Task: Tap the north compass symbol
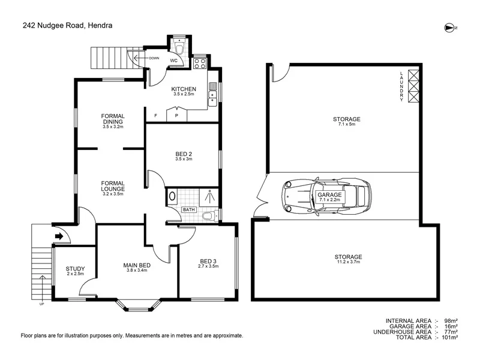click(450, 27)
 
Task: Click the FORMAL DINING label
click(113, 119)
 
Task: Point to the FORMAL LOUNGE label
click(113, 186)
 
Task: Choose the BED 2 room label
click(182, 154)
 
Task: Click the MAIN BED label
click(137, 265)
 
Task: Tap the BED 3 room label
click(208, 261)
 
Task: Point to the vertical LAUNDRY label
click(402, 86)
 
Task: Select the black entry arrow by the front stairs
click(59, 236)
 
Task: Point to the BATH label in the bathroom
click(189, 209)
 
